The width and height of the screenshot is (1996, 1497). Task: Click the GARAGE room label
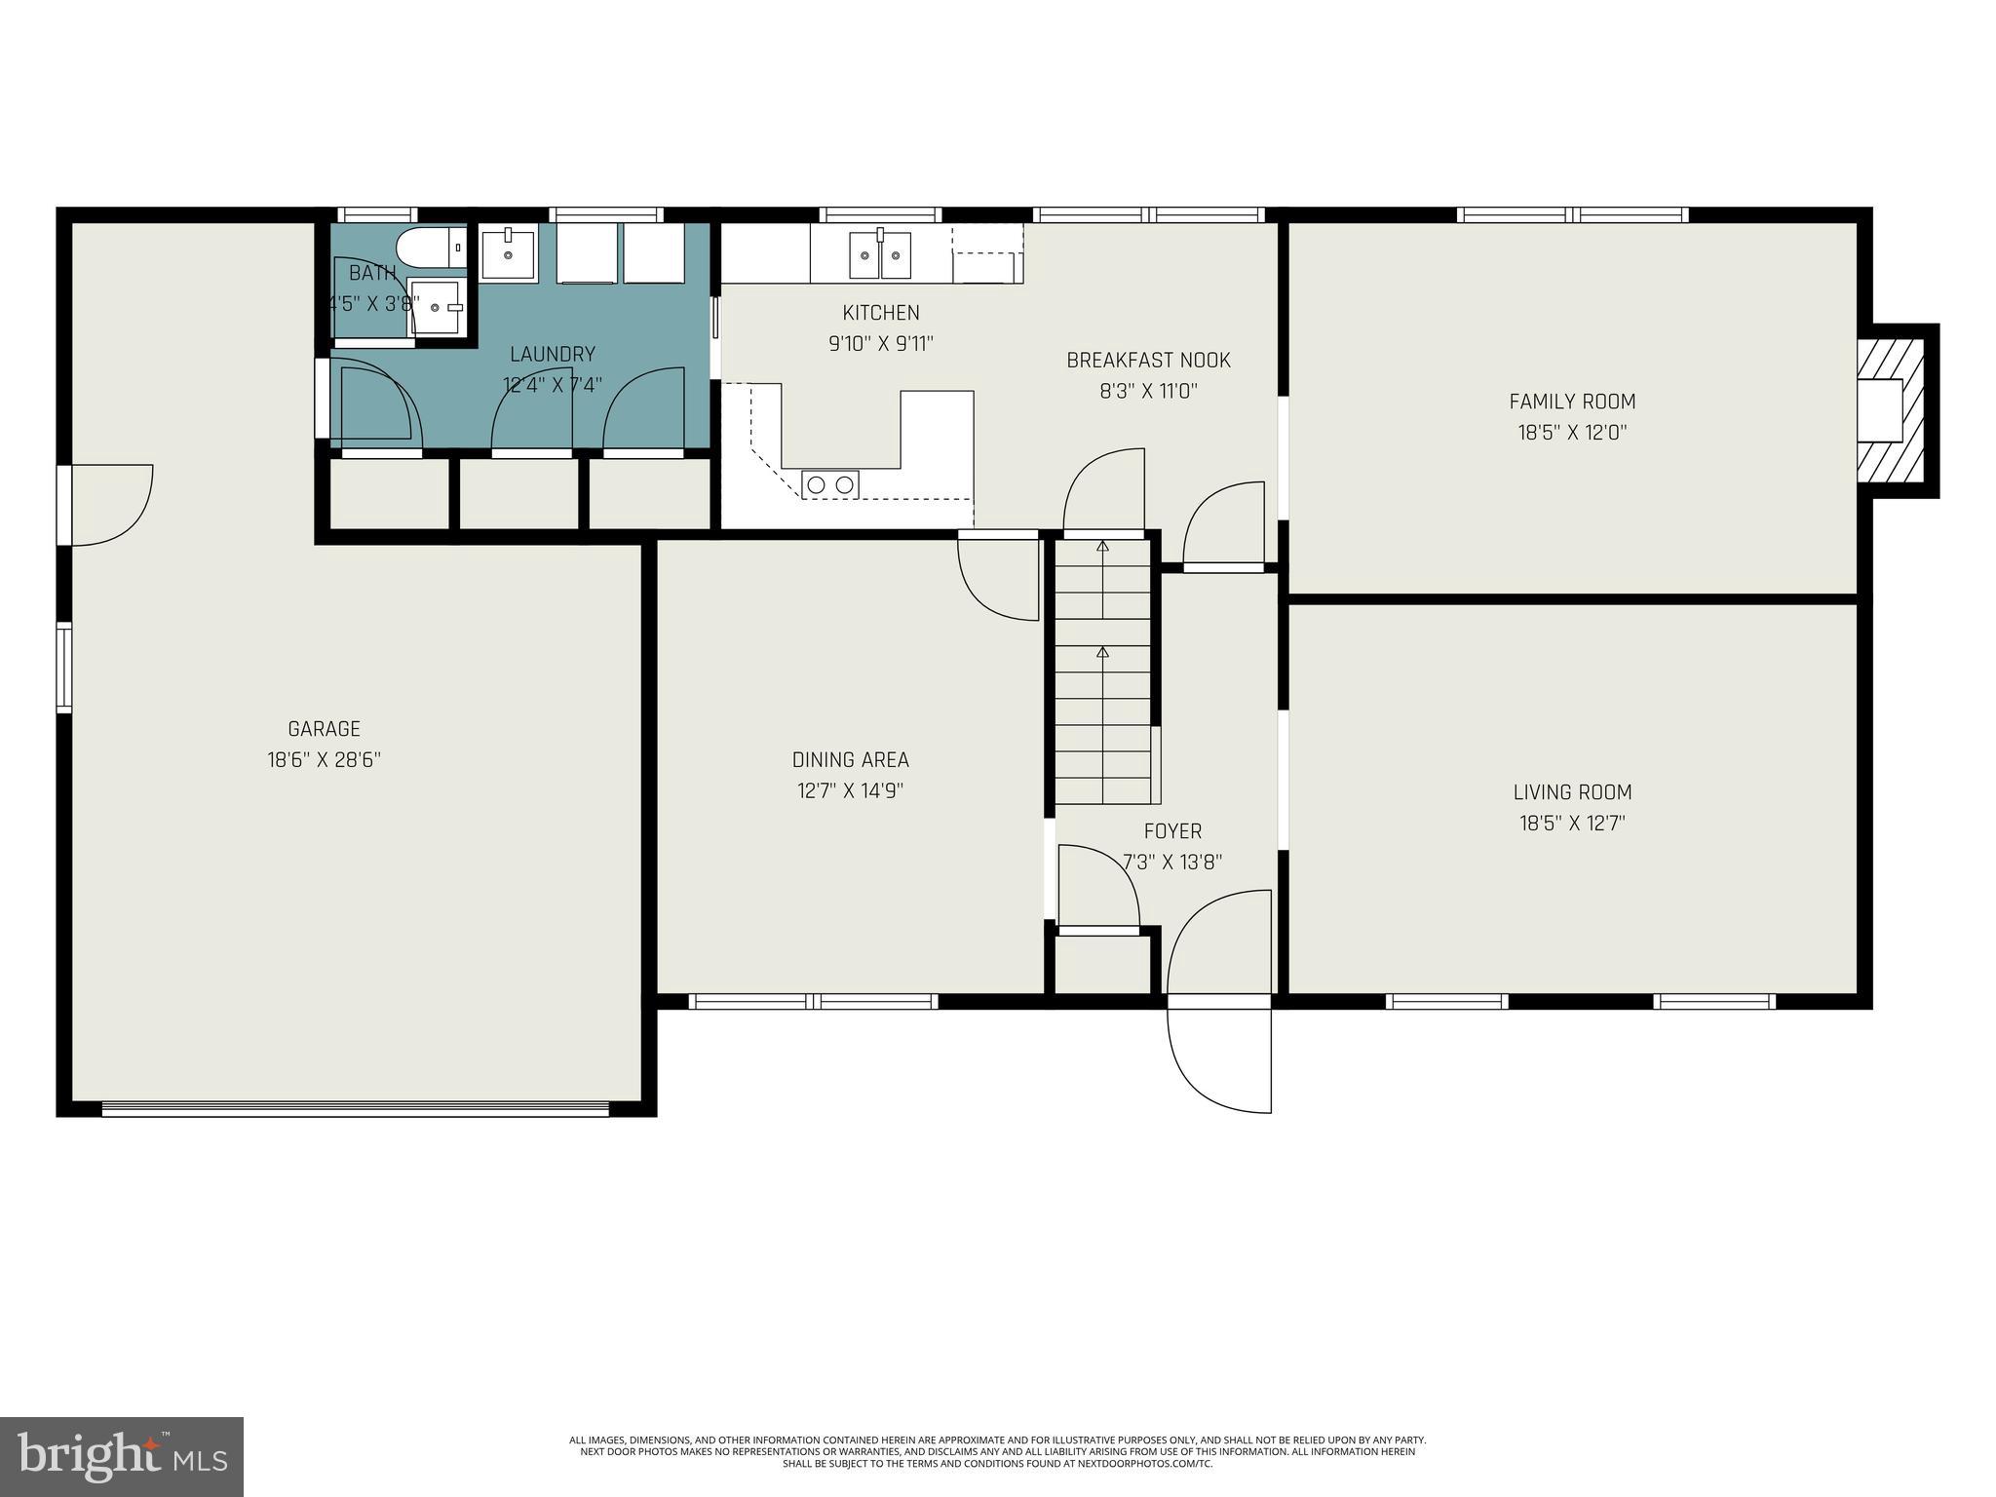[x=324, y=729]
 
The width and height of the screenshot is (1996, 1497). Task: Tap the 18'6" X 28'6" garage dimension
[x=324, y=760]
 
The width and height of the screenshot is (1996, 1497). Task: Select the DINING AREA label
[x=850, y=760]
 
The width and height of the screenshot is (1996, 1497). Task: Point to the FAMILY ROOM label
[x=1572, y=402]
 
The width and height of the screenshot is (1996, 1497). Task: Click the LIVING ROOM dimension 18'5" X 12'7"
[x=1572, y=824]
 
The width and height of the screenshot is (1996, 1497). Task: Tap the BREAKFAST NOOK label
[x=1148, y=361]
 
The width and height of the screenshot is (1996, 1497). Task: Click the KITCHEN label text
[x=881, y=313]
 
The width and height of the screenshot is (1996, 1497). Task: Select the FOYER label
[x=1172, y=831]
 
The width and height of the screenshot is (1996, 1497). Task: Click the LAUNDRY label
[x=552, y=355]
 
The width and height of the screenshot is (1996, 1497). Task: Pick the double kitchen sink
[x=880, y=255]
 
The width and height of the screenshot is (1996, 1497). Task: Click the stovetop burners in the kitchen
[x=829, y=484]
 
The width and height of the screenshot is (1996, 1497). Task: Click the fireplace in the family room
[x=1891, y=410]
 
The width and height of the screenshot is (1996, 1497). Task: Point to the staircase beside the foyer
[x=1102, y=672]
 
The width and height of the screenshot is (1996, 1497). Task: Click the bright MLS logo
[x=122, y=1456]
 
